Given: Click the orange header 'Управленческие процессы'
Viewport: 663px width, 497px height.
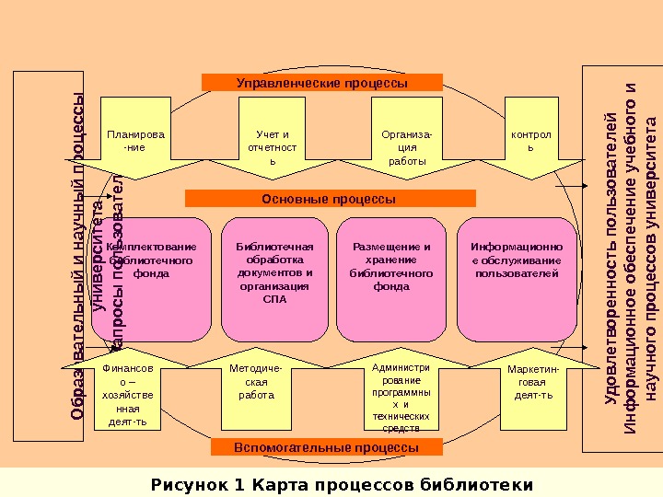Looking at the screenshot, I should coord(321,83).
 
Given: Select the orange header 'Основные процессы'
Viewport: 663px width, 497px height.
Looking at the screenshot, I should coord(330,198).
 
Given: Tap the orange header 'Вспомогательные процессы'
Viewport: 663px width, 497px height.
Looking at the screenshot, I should coord(327,447).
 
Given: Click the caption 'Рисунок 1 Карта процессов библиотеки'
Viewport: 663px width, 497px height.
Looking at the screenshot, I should coord(342,483).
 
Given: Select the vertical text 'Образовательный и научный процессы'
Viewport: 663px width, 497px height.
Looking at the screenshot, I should coord(78,258).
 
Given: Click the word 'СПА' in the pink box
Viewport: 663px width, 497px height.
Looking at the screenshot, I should coord(274,299).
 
